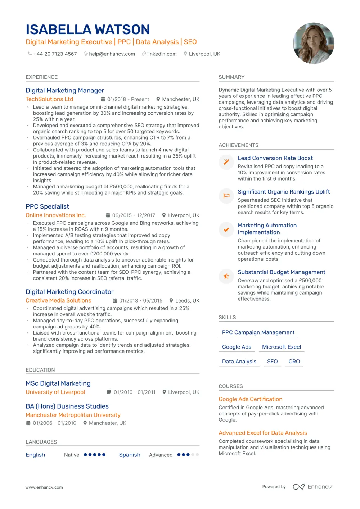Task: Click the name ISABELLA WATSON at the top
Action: point(88,29)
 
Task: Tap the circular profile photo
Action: point(314,43)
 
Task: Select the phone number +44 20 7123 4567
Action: point(55,54)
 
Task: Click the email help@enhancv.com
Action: point(112,54)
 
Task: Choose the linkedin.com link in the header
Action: point(162,54)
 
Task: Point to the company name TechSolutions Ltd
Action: point(49,99)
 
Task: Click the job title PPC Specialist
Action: point(47,206)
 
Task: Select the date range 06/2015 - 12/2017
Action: point(134,215)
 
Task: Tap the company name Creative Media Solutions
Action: point(58,300)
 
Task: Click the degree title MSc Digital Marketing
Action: point(58,383)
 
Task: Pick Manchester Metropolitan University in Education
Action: point(73,415)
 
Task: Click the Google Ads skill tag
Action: point(237,347)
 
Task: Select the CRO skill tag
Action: point(294,362)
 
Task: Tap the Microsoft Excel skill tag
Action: point(282,347)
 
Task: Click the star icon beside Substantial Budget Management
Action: point(226,276)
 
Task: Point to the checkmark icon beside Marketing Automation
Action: point(226,229)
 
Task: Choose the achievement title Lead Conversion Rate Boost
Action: point(275,158)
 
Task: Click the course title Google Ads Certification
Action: point(250,399)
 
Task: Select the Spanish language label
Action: point(130,455)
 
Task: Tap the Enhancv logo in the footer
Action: point(312,487)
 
